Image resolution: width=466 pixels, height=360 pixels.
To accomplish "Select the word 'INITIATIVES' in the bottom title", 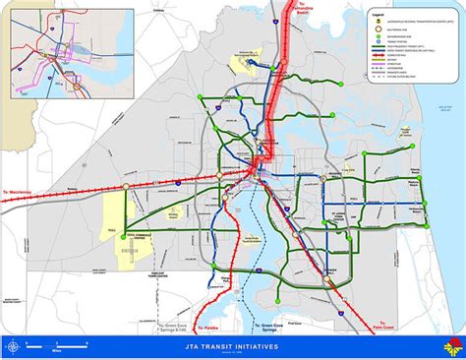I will pyautogui.click(x=261, y=347).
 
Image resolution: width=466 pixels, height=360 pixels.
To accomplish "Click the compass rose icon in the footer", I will pyautogui.click(x=14, y=346).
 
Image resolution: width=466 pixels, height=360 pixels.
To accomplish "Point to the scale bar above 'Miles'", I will pyautogui.click(x=59, y=342).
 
